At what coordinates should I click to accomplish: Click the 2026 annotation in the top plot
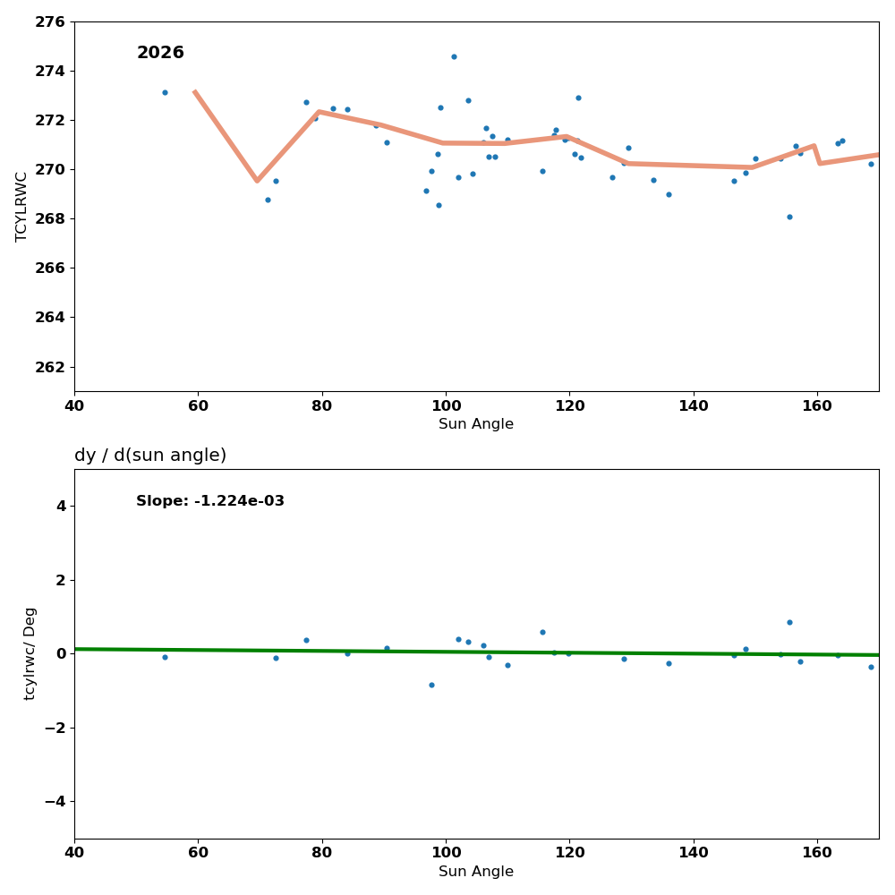[x=160, y=54]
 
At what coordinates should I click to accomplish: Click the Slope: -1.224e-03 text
[x=210, y=501]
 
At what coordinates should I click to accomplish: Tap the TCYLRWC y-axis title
[x=22, y=207]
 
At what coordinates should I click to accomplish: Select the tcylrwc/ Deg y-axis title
[x=30, y=653]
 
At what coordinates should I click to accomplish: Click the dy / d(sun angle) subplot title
[x=150, y=456]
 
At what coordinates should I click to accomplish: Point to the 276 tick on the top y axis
[x=51, y=21]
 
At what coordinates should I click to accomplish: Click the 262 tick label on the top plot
[x=51, y=367]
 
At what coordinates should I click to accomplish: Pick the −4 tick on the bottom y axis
[x=53, y=801]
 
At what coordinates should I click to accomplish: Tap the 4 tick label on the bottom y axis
[x=61, y=506]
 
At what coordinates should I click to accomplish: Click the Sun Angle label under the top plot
[x=476, y=424]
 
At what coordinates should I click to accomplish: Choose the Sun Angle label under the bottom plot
[x=476, y=872]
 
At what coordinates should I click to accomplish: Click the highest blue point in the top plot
[x=454, y=57]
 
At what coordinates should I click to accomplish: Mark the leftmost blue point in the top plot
[x=165, y=92]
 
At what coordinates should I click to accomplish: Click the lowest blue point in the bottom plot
[x=431, y=686]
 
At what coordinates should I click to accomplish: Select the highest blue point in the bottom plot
[x=789, y=622]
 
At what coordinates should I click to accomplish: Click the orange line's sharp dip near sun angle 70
[x=257, y=181]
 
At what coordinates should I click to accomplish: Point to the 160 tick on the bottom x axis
[x=817, y=853]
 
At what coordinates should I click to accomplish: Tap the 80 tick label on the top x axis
[x=321, y=405]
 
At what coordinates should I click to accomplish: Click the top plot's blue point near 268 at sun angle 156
[x=789, y=217]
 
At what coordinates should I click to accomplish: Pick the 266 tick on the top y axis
[x=51, y=268]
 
